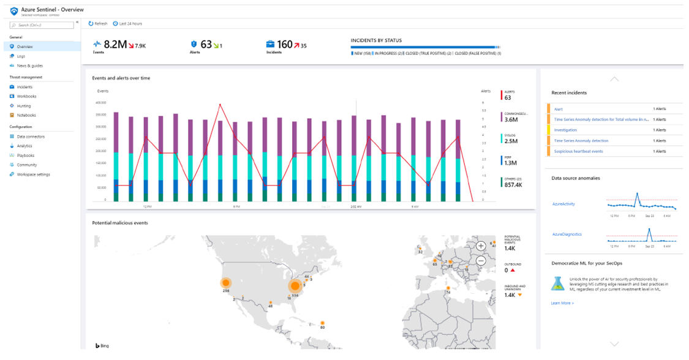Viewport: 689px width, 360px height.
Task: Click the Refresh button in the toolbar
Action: (98, 24)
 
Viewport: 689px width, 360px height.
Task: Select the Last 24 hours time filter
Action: (128, 24)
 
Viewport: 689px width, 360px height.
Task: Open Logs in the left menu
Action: (21, 56)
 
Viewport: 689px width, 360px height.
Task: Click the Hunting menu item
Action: (24, 106)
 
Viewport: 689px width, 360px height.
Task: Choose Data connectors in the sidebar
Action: (31, 137)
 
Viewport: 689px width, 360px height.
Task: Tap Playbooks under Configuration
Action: (26, 156)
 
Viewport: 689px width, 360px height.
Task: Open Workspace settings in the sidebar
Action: (33, 174)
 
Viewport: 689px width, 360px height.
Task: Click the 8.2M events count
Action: (115, 45)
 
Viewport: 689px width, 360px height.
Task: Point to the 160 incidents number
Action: (285, 45)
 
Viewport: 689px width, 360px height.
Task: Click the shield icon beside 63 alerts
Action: (194, 44)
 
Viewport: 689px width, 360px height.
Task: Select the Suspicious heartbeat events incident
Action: (578, 151)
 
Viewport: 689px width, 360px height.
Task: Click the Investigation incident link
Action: (565, 130)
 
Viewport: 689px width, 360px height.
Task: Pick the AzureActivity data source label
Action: (563, 204)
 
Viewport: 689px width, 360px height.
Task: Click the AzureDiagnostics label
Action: (567, 234)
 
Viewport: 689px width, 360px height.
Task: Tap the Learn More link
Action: (562, 303)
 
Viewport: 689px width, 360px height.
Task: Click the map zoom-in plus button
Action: (481, 246)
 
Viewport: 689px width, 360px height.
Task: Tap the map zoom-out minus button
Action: (481, 260)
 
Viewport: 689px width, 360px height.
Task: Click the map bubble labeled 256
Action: (226, 283)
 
